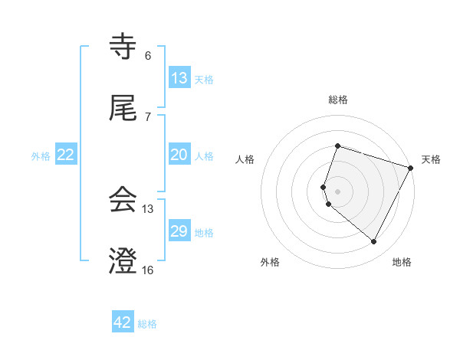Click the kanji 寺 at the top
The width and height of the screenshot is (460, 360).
(123, 47)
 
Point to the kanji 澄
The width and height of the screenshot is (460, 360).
(123, 262)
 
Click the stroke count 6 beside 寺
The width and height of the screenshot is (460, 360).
(148, 56)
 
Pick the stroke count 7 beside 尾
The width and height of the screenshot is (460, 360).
(148, 117)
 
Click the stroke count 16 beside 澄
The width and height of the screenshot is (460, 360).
(147, 270)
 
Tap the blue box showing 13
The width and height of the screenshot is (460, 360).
(179, 77)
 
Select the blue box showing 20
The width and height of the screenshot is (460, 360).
(179, 155)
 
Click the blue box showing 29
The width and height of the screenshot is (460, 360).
(179, 231)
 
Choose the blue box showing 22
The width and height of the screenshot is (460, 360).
(67, 155)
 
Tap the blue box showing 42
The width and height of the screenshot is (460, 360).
(123, 322)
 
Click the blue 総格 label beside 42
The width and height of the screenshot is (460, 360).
(147, 324)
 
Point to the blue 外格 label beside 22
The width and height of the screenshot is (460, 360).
(41, 156)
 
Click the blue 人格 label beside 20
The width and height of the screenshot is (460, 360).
(204, 156)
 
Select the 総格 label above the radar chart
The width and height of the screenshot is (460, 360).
(337, 100)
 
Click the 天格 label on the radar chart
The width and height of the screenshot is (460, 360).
(431, 159)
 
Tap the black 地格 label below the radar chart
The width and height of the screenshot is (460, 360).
(402, 263)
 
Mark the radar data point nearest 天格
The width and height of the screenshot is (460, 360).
(411, 168)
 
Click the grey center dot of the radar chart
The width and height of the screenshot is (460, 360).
(337, 191)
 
